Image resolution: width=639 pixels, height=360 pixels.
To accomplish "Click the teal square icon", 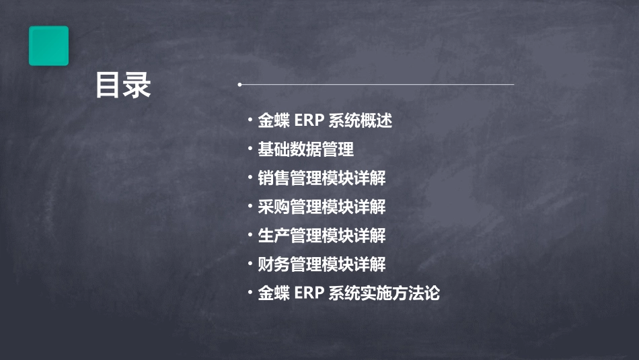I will click(48, 46).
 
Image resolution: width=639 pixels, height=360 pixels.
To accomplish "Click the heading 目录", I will click(122, 85).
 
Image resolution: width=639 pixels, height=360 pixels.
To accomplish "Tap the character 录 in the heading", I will click(137, 85).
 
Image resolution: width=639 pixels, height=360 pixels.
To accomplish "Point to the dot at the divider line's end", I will click(239, 85).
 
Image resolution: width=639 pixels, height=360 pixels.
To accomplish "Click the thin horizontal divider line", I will click(377, 85).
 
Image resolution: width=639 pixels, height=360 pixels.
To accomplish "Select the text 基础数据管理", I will click(305, 149).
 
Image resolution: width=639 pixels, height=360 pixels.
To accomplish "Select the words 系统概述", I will click(361, 121).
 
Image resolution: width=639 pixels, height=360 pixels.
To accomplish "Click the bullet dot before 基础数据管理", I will click(250, 149).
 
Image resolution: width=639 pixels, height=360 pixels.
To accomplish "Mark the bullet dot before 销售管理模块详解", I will click(250, 178).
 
